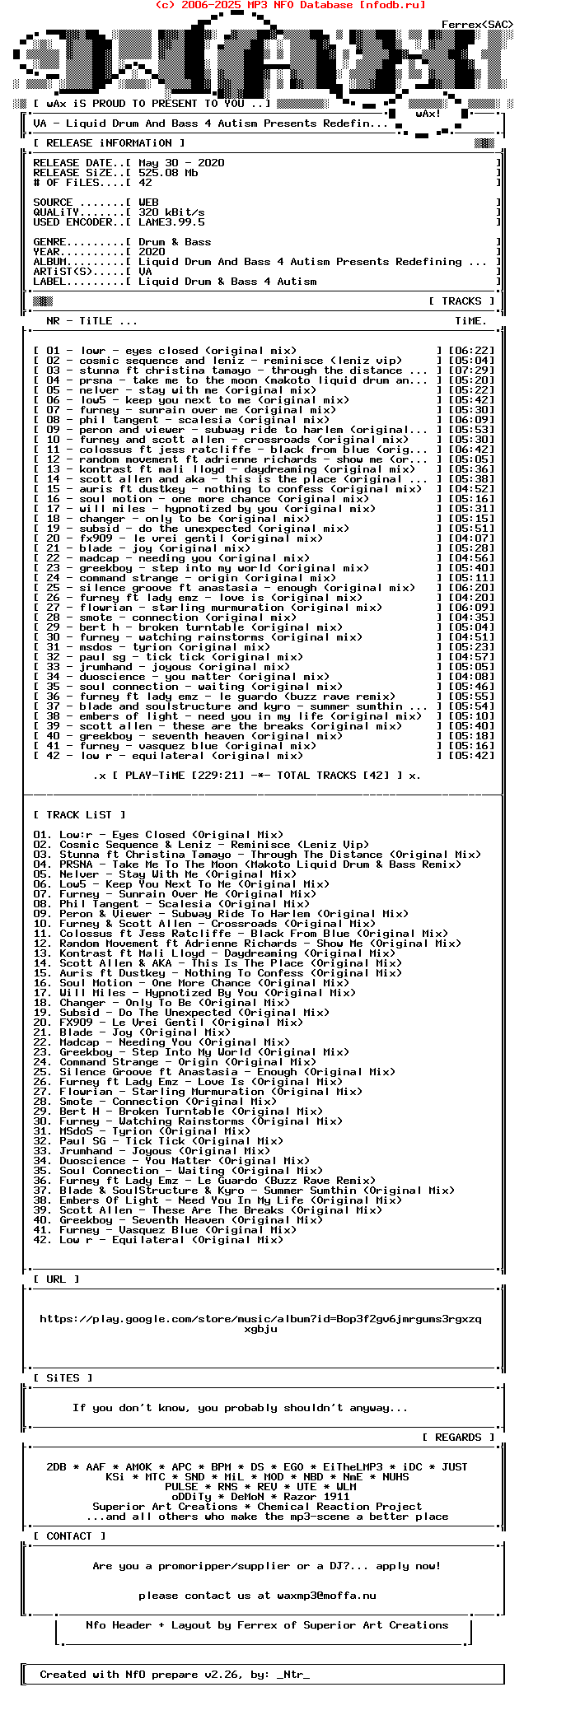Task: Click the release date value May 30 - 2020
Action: pos(181,163)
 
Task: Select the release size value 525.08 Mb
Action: pos(168,173)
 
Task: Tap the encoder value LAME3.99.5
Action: pos(171,222)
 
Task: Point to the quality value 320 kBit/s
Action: pos(171,212)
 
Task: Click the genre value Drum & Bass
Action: pos(175,242)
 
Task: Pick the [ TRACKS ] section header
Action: pos(461,301)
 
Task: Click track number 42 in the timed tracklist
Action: pos(54,756)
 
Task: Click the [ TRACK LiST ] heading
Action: pos(74,815)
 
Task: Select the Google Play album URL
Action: pos(260,1324)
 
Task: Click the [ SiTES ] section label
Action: pos(63,1378)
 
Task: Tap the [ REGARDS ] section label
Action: pos(458,1438)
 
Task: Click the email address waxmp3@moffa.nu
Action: pos(326,1596)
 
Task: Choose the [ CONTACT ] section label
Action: pos(69,1536)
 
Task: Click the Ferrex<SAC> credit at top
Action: pos(477,25)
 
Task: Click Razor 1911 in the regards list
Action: pos(316,1497)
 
